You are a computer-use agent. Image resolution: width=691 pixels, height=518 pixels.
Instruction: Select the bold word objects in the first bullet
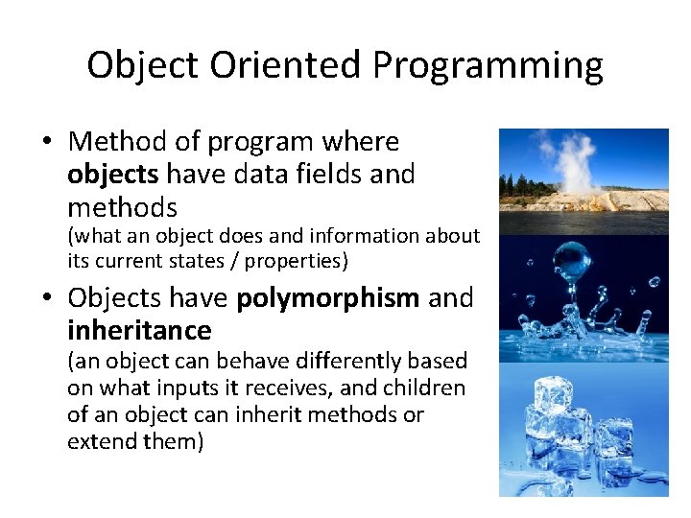coord(114,175)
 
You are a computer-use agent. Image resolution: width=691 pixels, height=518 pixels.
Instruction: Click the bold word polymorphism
coord(328,298)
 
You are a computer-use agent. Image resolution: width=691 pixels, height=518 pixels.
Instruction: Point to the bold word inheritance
coord(139,331)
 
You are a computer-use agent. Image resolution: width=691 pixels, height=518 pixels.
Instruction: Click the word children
coord(427,388)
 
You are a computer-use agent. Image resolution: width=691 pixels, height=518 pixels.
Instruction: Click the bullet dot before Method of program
coord(47,143)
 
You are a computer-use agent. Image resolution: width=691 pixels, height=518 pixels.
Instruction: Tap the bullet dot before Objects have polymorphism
coord(47,299)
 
